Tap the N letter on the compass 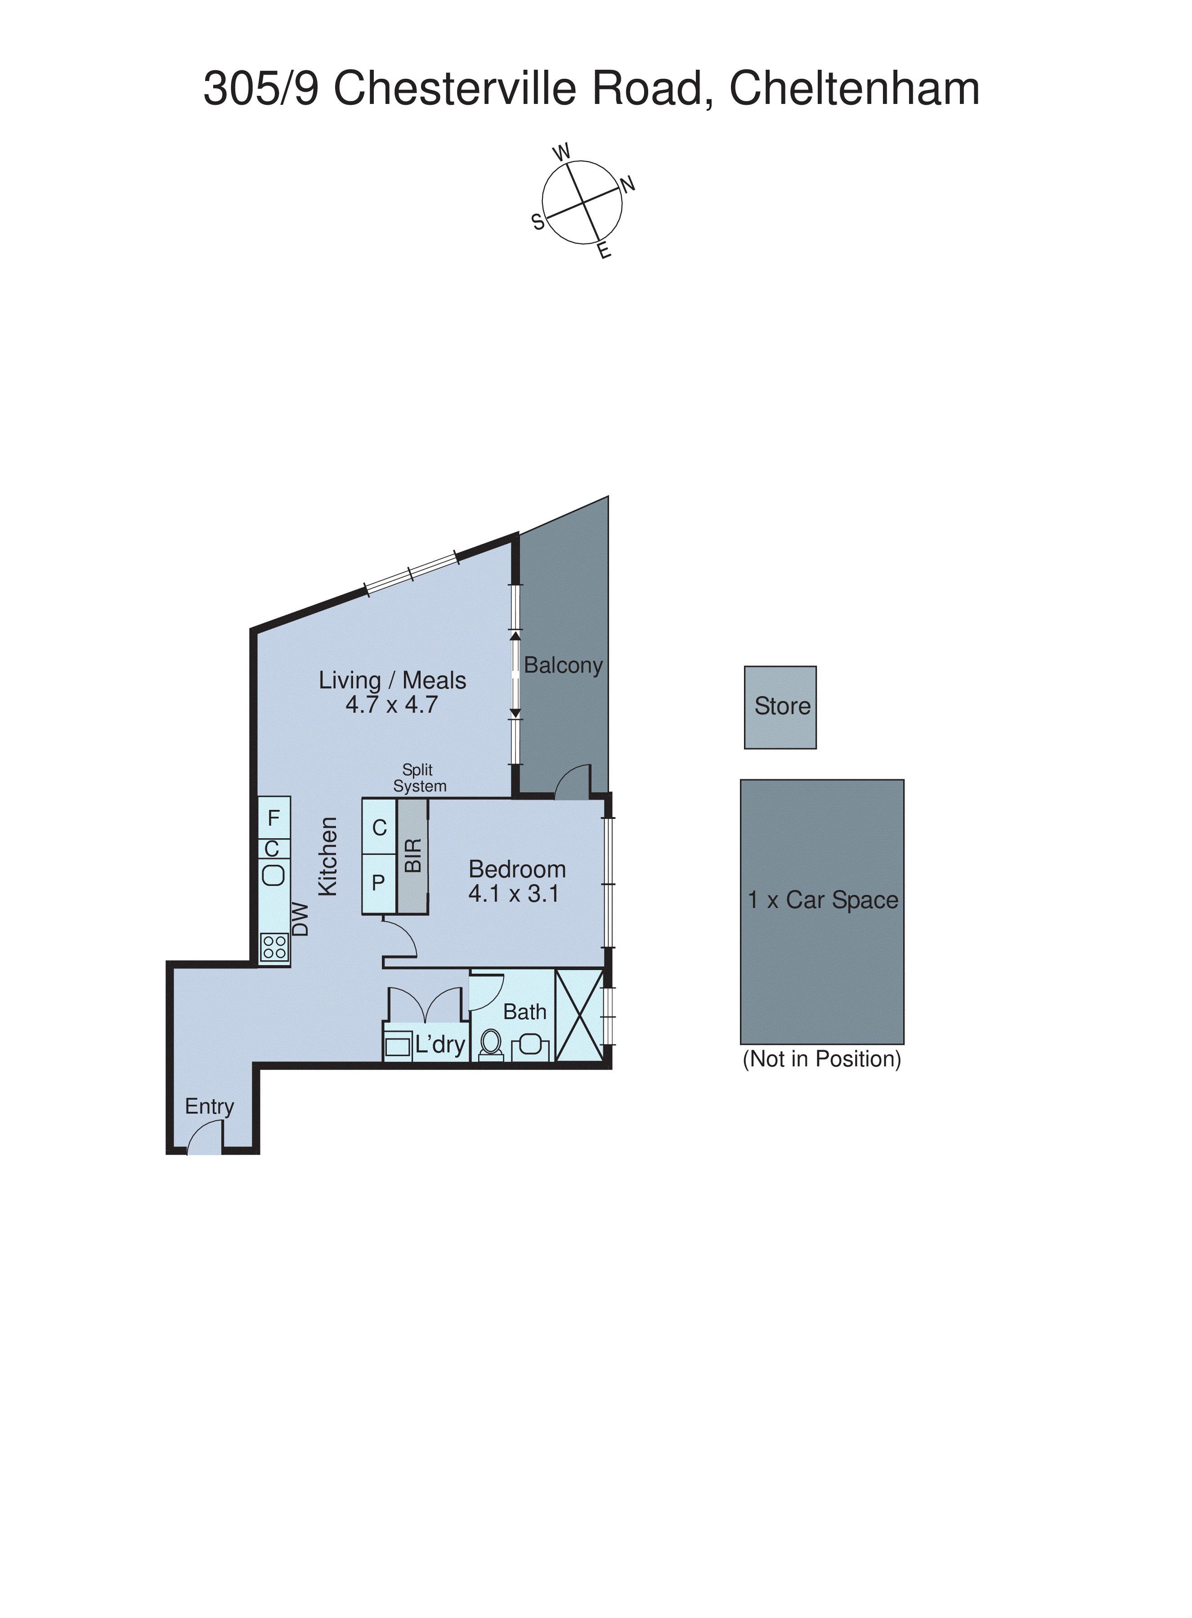pyautogui.click(x=628, y=185)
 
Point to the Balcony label pyautogui.click(x=563, y=665)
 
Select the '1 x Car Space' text pyautogui.click(x=823, y=901)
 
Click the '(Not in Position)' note pyautogui.click(x=822, y=1060)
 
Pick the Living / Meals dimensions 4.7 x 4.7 pyautogui.click(x=392, y=705)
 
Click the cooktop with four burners pyautogui.click(x=274, y=948)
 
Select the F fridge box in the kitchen pyautogui.click(x=274, y=818)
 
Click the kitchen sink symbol pyautogui.click(x=273, y=876)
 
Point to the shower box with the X pyautogui.click(x=579, y=1016)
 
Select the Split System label pyautogui.click(x=419, y=778)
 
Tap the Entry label pyautogui.click(x=209, y=1107)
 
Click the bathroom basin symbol pyautogui.click(x=530, y=1044)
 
